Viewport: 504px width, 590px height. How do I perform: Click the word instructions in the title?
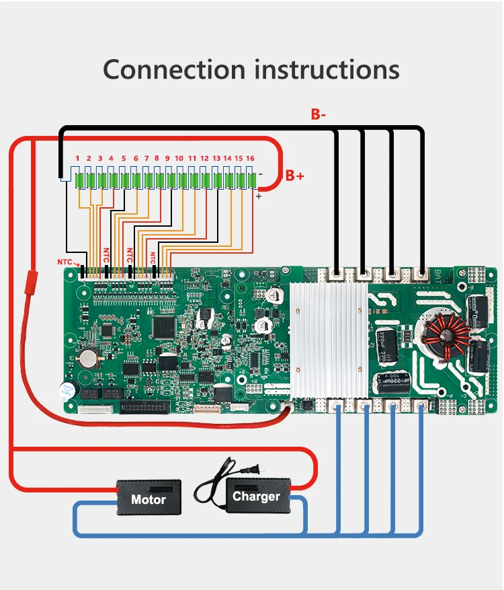[324, 69]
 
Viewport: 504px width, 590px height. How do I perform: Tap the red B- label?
[319, 114]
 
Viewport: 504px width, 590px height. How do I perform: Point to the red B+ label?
[295, 176]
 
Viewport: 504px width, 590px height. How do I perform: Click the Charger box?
[256, 496]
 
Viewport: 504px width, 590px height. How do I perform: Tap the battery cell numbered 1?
[78, 180]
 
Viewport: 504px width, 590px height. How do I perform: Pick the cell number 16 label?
[249, 158]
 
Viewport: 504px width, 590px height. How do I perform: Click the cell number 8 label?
[157, 158]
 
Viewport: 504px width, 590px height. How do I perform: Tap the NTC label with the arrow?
[64, 262]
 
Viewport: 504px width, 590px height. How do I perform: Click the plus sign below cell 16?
[257, 197]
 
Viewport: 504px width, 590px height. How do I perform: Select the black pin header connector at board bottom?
[144, 406]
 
